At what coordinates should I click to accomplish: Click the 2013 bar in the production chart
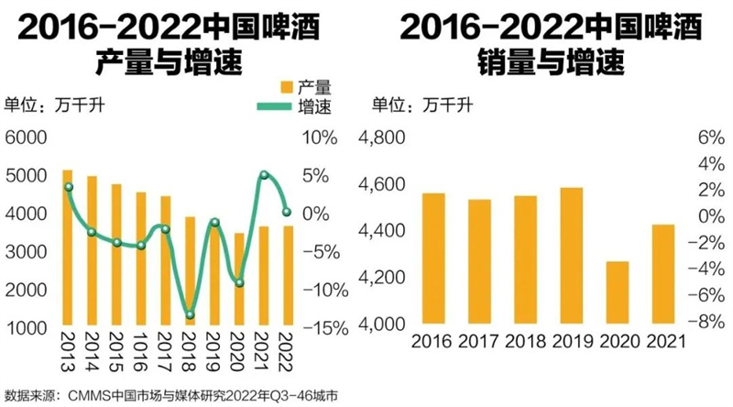68,247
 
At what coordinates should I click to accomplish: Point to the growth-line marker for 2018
190,315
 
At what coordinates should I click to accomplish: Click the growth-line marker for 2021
264,175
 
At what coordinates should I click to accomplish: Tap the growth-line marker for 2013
69,187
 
